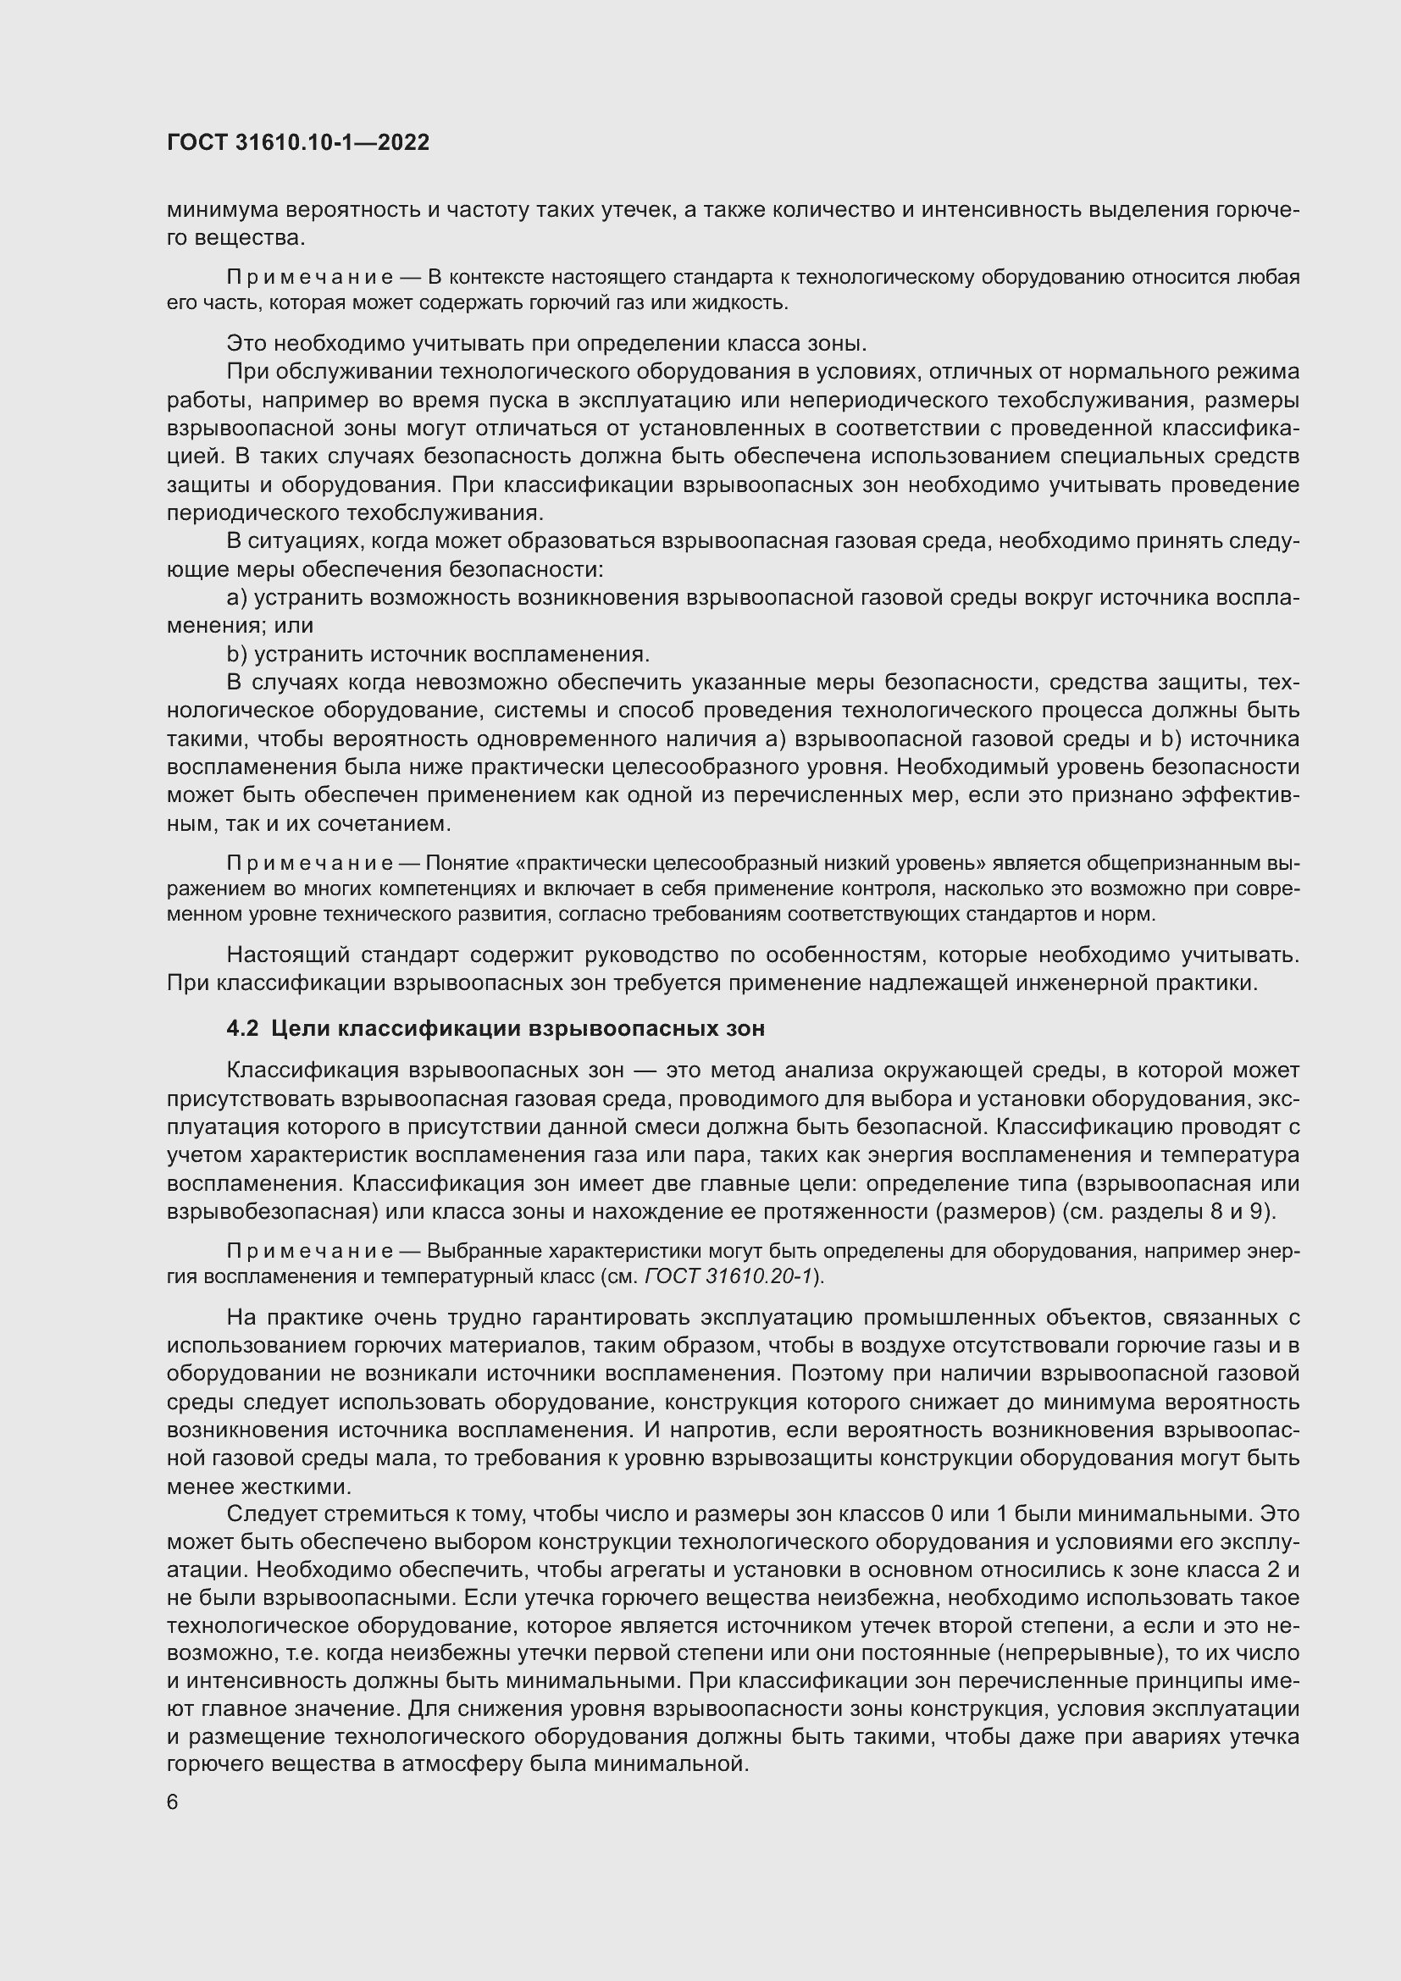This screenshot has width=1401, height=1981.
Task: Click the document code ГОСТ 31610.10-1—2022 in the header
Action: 297,142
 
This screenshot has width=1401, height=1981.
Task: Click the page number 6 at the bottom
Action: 173,1802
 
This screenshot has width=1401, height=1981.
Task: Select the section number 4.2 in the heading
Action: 242,1028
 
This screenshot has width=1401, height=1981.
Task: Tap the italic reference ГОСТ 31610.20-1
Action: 729,1276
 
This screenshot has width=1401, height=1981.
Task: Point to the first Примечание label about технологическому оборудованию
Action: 310,277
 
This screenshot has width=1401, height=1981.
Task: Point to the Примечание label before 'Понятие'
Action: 310,864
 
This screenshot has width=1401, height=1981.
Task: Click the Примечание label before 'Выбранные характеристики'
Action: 310,1251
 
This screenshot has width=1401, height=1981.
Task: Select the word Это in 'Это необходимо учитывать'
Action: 246,343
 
